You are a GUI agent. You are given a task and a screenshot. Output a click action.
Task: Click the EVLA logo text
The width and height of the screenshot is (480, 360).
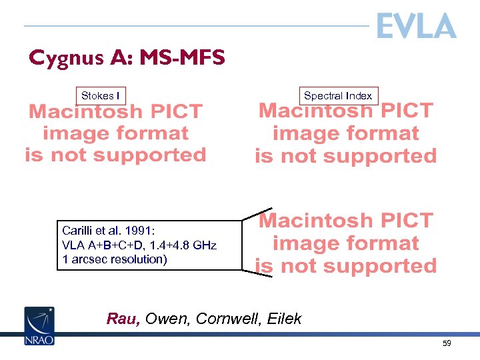pyautogui.click(x=416, y=26)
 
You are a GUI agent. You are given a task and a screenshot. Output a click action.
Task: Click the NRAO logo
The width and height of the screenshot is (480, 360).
pyautogui.click(x=39, y=325)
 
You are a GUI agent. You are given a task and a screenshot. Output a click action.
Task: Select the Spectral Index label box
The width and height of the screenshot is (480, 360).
pyautogui.click(x=337, y=96)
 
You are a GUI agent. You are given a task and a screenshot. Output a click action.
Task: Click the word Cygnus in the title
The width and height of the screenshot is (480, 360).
pyautogui.click(x=60, y=59)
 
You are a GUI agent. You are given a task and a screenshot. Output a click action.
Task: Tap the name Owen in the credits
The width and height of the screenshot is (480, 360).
pyautogui.click(x=164, y=319)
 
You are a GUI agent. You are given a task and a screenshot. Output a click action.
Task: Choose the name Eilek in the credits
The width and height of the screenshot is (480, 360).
pyautogui.click(x=284, y=319)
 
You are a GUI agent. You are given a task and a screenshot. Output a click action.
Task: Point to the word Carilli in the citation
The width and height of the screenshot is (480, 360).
pyautogui.click(x=78, y=231)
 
